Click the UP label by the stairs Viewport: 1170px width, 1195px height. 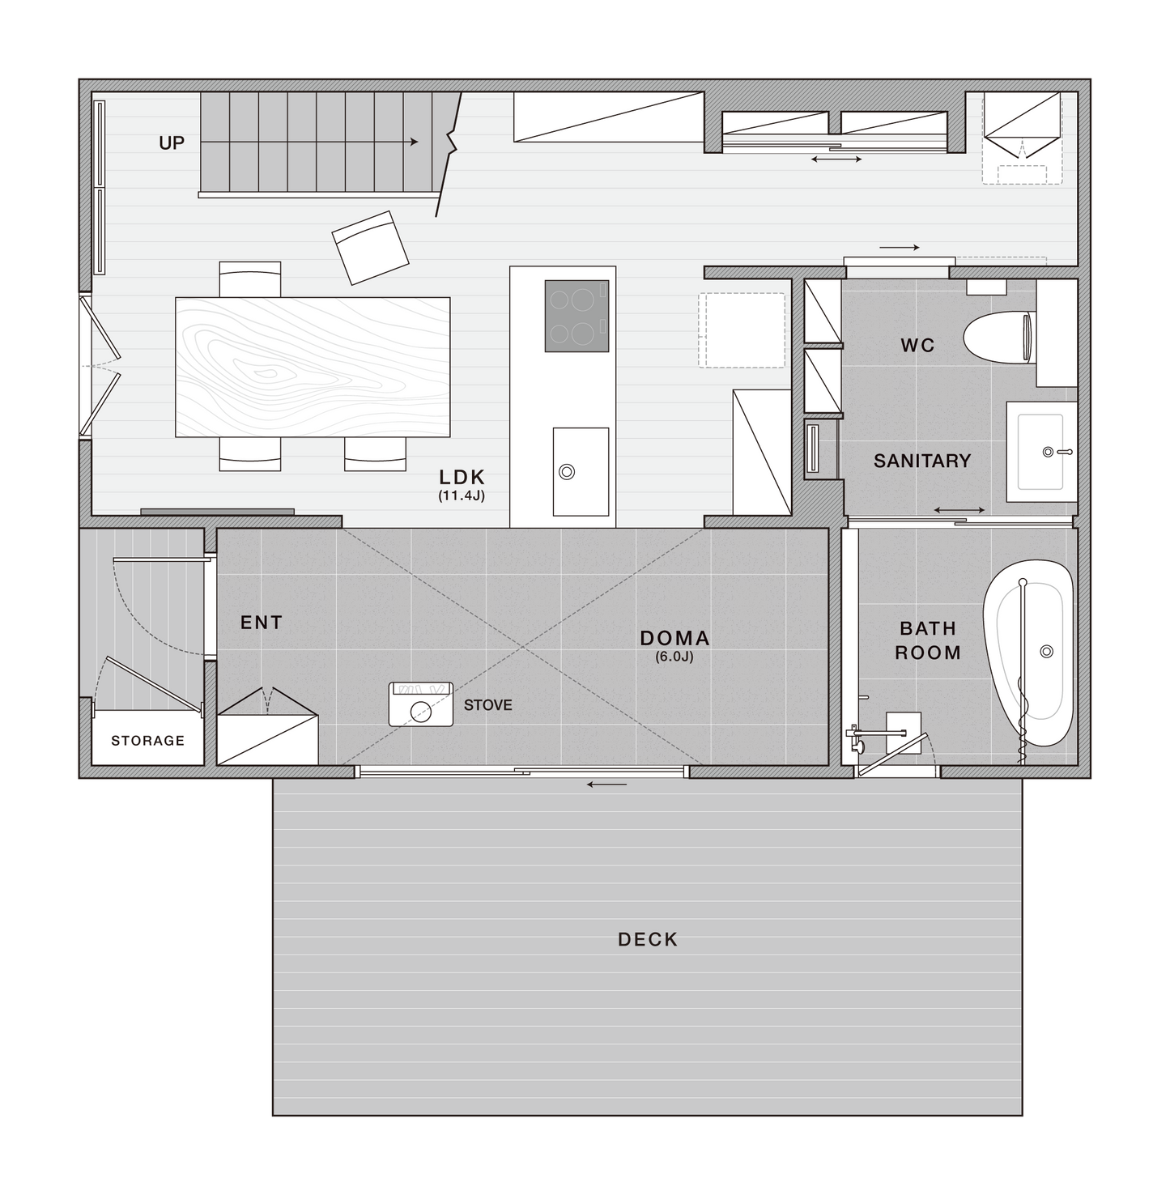(172, 143)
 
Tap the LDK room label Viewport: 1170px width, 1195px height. (462, 478)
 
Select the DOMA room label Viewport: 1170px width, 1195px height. (674, 638)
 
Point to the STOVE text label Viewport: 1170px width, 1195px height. (488, 705)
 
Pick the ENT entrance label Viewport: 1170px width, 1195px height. (262, 623)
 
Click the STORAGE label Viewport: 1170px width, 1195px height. (147, 741)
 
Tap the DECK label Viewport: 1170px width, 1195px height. (648, 939)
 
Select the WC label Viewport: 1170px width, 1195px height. (917, 346)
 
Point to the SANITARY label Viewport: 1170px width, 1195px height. (922, 461)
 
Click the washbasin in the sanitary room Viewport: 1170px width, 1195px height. (1041, 452)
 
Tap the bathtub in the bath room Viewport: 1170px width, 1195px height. (1028, 653)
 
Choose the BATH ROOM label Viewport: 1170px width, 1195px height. (928, 640)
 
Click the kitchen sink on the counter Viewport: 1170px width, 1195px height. (581, 471)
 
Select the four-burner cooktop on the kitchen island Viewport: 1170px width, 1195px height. (576, 316)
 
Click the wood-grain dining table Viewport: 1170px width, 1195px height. (313, 367)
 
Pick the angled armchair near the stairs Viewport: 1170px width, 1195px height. (370, 248)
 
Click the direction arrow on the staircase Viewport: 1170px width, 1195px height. (308, 142)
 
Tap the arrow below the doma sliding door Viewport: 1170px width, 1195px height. (607, 785)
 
